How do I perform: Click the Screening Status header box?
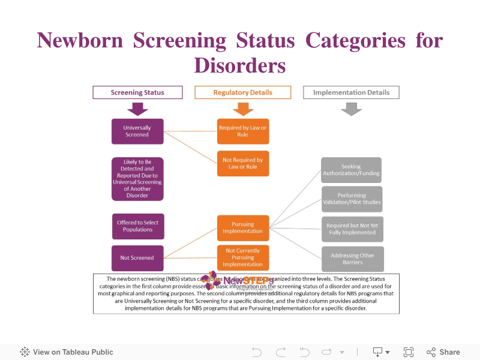[137, 92]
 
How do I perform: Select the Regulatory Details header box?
[242, 92]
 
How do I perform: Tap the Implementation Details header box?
[351, 92]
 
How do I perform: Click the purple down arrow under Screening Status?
[137, 109]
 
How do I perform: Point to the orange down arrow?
[242, 109]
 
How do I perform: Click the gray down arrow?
[351, 109]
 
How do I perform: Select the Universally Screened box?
[137, 131]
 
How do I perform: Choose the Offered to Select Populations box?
[138, 226]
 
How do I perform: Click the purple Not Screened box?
[137, 258]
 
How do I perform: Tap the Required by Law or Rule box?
[242, 131]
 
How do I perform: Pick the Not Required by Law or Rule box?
[242, 163]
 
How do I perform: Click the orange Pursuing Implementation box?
[242, 227]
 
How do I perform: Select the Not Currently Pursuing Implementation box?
[242, 257]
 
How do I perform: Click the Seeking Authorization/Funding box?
[351, 170]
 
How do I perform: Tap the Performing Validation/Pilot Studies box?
[351, 199]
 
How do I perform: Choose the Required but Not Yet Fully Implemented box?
[352, 229]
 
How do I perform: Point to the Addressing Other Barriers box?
[352, 259]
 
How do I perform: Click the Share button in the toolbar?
[443, 352]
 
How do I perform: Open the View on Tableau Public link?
[67, 352]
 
